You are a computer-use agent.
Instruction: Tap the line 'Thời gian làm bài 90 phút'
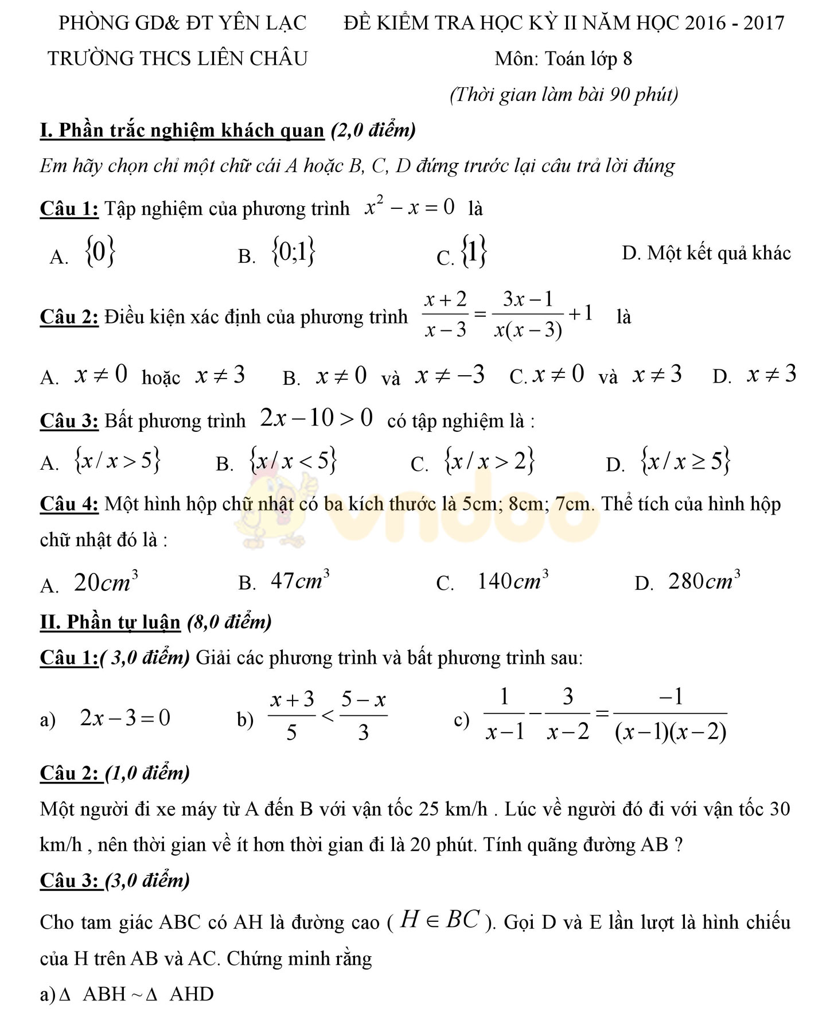[564, 94]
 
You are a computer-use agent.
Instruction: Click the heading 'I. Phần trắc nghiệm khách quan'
[182, 130]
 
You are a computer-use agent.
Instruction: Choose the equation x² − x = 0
[410, 207]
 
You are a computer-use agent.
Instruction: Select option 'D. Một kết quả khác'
[706, 253]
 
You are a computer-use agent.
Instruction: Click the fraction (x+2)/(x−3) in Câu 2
[445, 314]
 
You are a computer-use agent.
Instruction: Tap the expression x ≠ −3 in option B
[450, 375]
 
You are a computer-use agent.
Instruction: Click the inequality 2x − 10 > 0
[317, 418]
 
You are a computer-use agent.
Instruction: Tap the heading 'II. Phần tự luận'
[110, 622]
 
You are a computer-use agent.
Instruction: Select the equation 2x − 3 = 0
[125, 718]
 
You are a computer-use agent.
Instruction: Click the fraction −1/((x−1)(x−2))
[670, 715]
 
